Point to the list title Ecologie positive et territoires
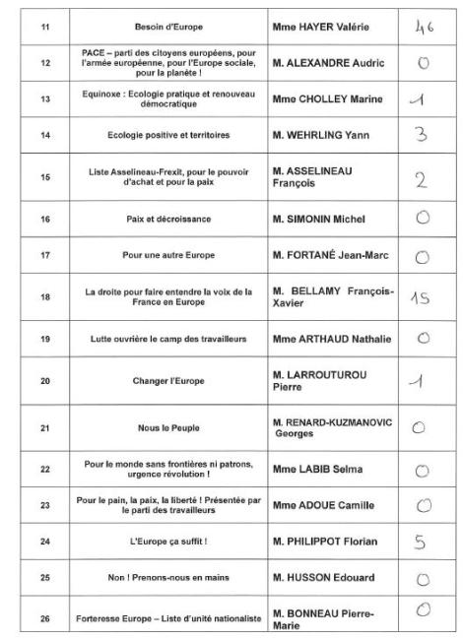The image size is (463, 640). (162, 135)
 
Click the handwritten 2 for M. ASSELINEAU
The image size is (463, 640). (419, 178)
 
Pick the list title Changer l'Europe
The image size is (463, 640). (162, 380)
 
